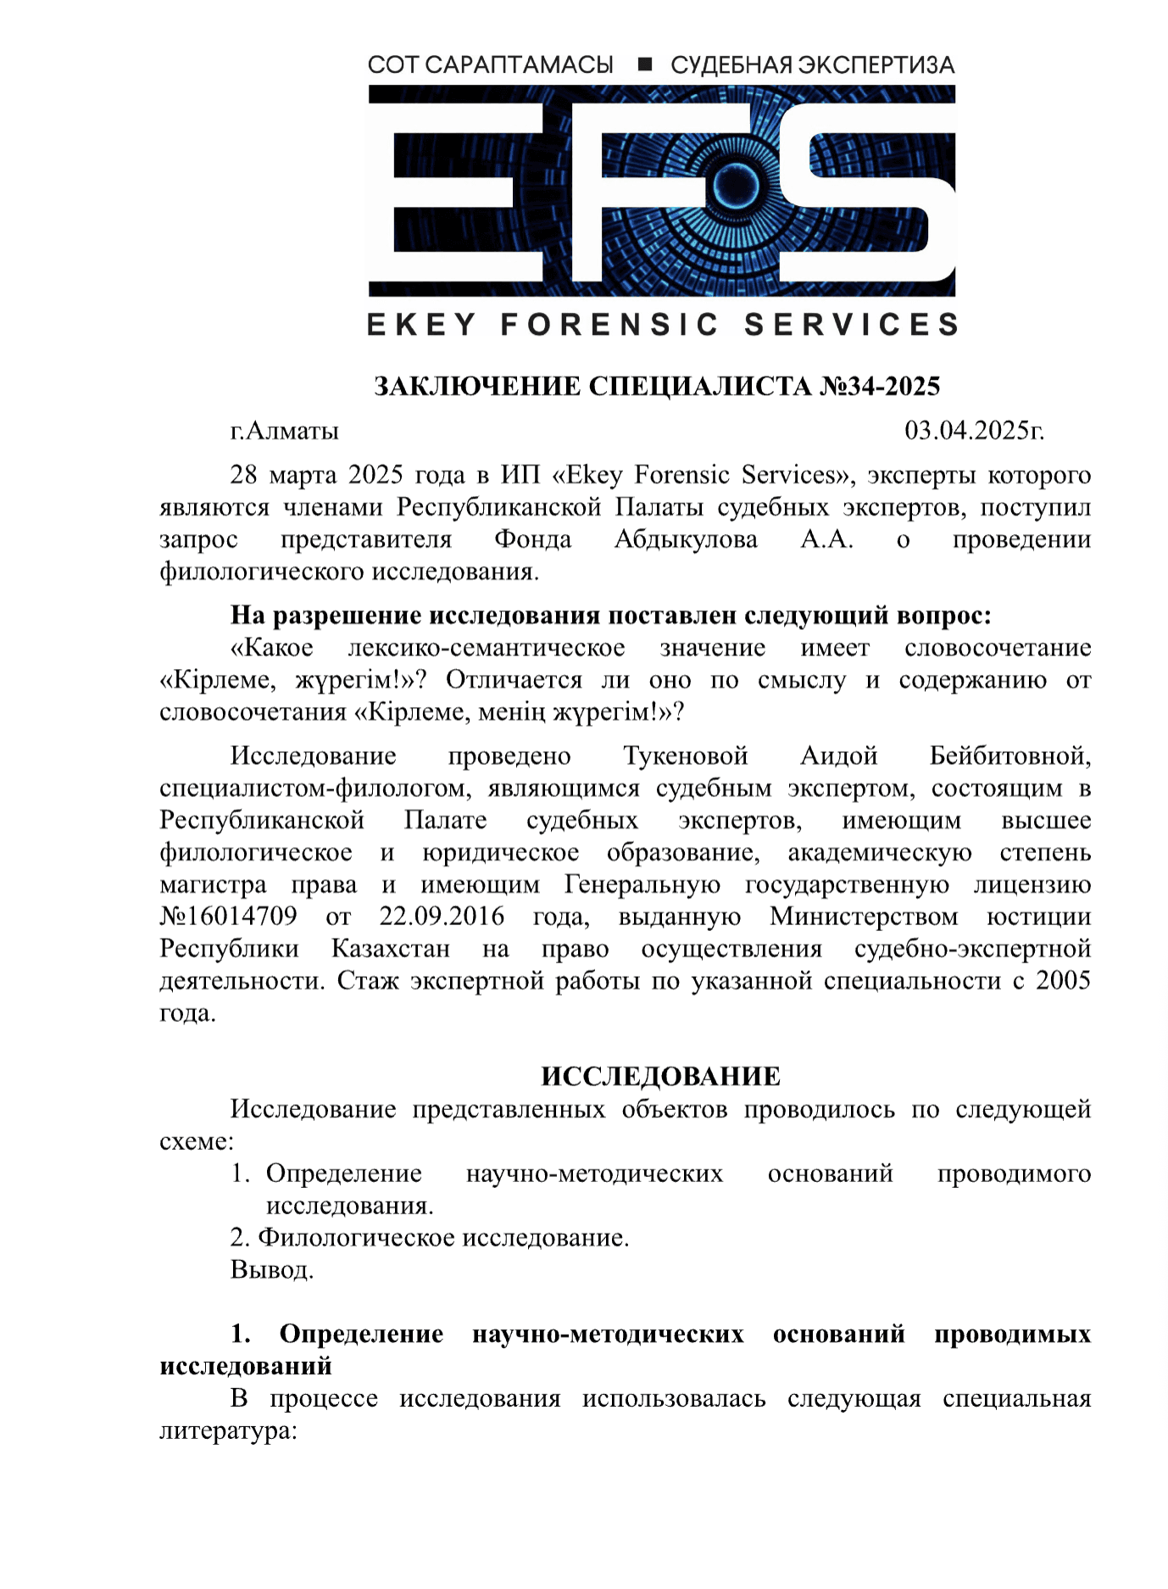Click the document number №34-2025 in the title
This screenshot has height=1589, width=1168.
tap(880, 387)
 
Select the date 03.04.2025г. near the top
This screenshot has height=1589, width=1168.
tap(974, 431)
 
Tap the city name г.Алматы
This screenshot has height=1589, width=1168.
tap(284, 431)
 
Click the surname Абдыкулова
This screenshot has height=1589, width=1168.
tap(686, 540)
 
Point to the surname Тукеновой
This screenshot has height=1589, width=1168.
tap(686, 755)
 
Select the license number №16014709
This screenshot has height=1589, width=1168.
tap(229, 917)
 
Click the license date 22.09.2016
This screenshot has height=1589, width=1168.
tap(442, 917)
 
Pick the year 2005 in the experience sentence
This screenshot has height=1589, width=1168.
tap(1063, 981)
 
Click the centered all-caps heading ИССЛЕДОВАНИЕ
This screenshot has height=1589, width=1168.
tap(660, 1077)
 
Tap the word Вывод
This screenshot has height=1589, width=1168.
tap(271, 1270)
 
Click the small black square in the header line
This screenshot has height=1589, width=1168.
tap(644, 64)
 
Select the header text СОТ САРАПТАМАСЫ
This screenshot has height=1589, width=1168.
tap(490, 65)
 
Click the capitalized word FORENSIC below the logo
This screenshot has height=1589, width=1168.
tap(609, 325)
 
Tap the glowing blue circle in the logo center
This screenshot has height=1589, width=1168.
tap(727, 185)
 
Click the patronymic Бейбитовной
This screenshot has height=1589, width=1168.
tap(1009, 755)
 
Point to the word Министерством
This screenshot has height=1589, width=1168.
tap(864, 917)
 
